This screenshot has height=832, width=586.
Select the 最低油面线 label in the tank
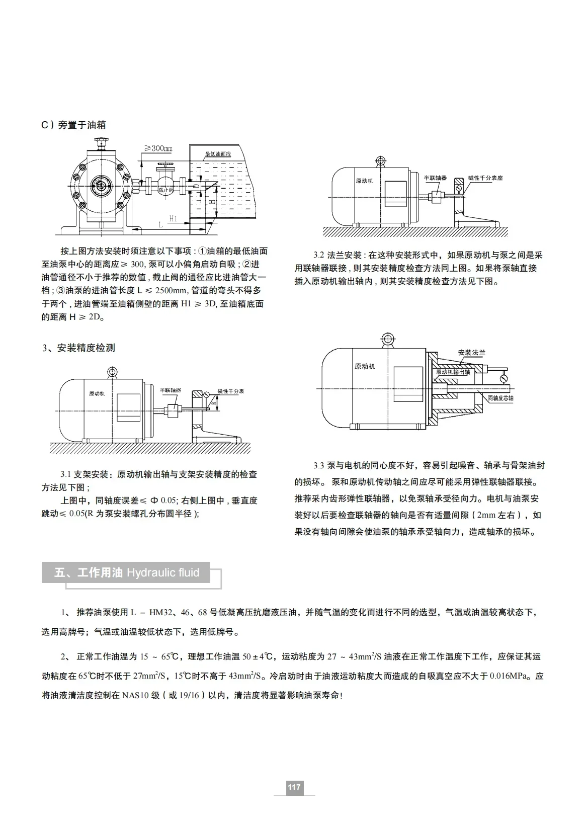[217, 154]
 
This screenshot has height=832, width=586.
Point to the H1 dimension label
[173, 218]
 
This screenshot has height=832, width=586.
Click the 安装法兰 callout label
[471, 353]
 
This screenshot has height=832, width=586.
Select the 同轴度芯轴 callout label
[500, 398]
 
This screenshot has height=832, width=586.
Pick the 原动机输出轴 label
[453, 372]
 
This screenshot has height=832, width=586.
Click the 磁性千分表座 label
[485, 178]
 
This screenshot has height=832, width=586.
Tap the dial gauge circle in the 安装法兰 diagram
[504, 378]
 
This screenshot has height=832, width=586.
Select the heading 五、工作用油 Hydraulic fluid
[127, 572]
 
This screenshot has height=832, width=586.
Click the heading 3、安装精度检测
[78, 348]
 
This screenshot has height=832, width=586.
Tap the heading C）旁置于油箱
[73, 125]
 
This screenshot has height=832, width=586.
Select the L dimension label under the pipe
[160, 225]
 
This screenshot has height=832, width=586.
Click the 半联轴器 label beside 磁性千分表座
[435, 178]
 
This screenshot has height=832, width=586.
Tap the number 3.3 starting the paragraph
[319, 466]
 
